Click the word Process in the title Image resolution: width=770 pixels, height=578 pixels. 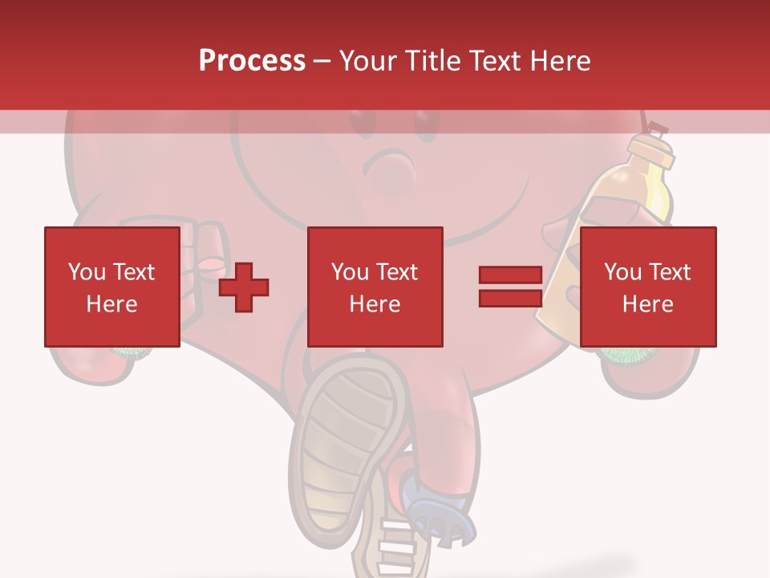coord(252,61)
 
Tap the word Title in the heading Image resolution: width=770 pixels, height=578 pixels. coord(435,61)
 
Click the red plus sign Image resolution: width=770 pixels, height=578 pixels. coord(244,287)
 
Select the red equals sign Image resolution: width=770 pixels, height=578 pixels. coord(510,287)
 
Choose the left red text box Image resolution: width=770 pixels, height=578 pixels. coord(111,287)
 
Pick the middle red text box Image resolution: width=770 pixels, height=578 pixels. coord(375,287)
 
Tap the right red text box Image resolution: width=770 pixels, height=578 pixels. coord(647,287)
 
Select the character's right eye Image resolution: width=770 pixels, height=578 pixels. coord(425,120)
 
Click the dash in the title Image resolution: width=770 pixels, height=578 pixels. coord(322,61)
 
